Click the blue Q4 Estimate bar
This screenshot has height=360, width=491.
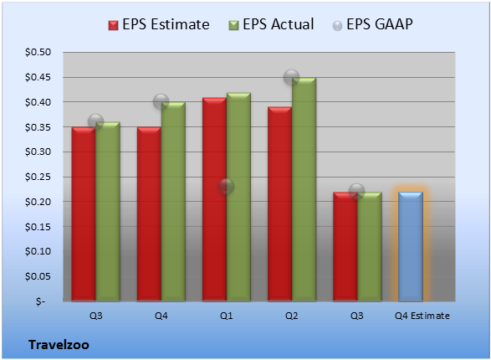pyautogui.click(x=411, y=247)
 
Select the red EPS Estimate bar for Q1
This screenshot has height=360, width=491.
pyautogui.click(x=214, y=199)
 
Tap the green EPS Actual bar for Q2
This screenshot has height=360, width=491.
pyautogui.click(x=304, y=189)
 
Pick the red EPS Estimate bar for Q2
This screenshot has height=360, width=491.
pyautogui.click(x=279, y=204)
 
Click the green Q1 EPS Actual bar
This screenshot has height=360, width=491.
pyautogui.click(x=238, y=197)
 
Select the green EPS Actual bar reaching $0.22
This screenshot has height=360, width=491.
pyautogui.click(x=370, y=247)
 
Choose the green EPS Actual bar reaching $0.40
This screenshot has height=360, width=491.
pyautogui.click(x=173, y=202)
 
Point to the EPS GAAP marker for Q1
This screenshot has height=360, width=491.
pyautogui.click(x=226, y=187)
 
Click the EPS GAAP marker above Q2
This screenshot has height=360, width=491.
pyautogui.click(x=292, y=77)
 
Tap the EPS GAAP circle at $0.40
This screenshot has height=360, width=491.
pyautogui.click(x=161, y=101)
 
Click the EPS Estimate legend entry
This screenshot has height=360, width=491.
pyautogui.click(x=159, y=24)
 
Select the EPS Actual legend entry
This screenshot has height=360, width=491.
pyautogui.click(x=272, y=24)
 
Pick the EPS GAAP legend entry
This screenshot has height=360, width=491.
pyautogui.click(x=372, y=24)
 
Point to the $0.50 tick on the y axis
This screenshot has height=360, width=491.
pyautogui.click(x=38, y=52)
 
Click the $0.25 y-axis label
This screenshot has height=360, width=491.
pyautogui.click(x=38, y=177)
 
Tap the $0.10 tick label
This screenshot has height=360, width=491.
pyautogui.click(x=38, y=251)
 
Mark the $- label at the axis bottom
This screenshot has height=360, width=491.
pyautogui.click(x=40, y=301)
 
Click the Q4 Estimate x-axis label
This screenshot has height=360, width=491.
pyautogui.click(x=422, y=316)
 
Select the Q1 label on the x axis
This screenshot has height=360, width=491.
pyautogui.click(x=227, y=316)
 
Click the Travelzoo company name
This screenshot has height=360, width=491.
pyautogui.click(x=59, y=345)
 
